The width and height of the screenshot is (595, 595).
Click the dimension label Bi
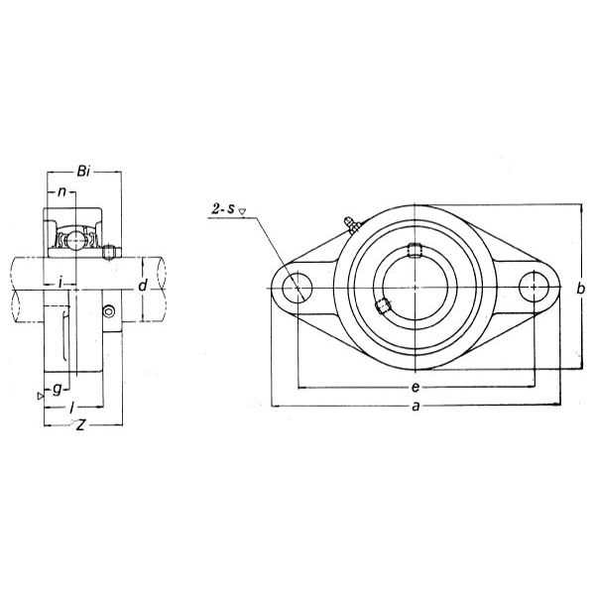pyautogui.click(x=83, y=172)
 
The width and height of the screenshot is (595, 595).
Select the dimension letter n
pyautogui.click(x=61, y=192)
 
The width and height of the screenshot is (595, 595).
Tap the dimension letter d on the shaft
pyautogui.click(x=142, y=285)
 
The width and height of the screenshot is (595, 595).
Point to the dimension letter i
pyautogui.click(x=59, y=282)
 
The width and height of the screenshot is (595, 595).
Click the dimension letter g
pyautogui.click(x=57, y=389)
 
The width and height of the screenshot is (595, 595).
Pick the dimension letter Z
pyautogui.click(x=80, y=425)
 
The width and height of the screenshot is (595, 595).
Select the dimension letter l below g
pyautogui.click(x=71, y=409)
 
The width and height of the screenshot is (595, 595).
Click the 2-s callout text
pyautogui.click(x=223, y=208)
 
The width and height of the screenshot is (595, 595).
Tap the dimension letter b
pyautogui.click(x=580, y=289)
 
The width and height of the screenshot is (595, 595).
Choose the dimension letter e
pyautogui.click(x=416, y=388)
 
